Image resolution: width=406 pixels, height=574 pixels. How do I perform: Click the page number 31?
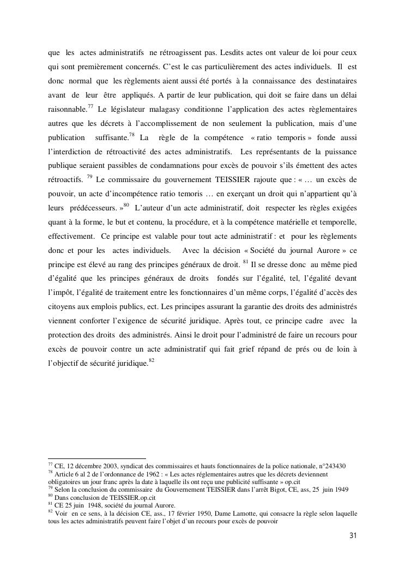tap(353, 535)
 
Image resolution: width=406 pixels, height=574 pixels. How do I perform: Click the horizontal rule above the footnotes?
tap(97, 459)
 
